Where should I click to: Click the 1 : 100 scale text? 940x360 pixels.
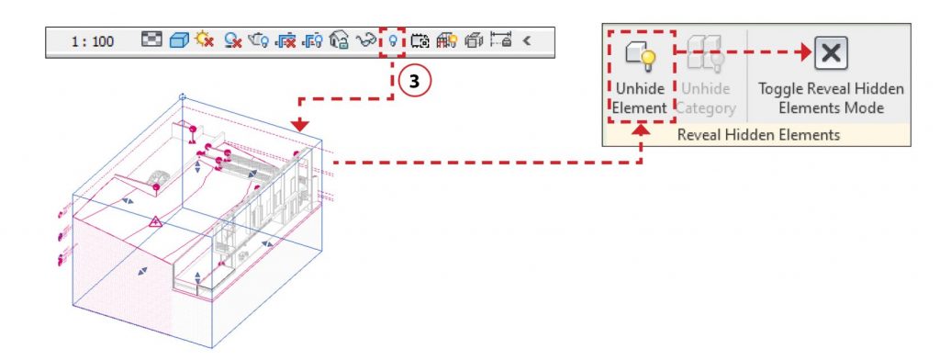(93, 42)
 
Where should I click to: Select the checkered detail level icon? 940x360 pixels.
(151, 40)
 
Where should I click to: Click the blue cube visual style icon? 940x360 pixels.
(179, 40)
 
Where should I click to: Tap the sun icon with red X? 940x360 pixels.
(205, 40)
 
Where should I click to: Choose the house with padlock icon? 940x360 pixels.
(340, 40)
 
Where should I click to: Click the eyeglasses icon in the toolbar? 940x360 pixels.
(365, 40)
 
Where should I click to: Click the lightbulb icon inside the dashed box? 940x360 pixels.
(393, 40)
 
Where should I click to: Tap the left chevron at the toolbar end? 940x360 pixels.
(526, 40)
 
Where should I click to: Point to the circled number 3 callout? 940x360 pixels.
(414, 83)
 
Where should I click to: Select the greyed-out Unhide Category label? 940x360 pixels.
(706, 98)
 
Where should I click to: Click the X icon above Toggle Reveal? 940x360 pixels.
(831, 52)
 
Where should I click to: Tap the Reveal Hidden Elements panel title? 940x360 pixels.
(758, 135)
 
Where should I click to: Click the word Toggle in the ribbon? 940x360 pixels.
(779, 89)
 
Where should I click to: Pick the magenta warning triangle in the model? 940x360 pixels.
(155, 222)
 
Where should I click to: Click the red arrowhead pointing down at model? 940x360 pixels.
(300, 125)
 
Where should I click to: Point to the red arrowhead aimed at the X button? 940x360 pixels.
(805, 52)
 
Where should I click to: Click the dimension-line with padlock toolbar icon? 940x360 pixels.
(501, 40)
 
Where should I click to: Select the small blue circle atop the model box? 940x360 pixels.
(183, 96)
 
